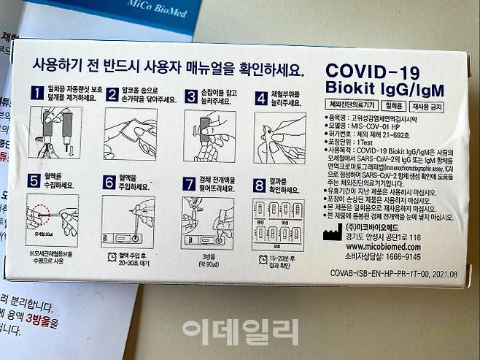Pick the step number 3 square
pyautogui.click(x=190, y=95)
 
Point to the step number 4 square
pyautogui.click(x=260, y=95)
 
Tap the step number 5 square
pyautogui.click(x=34, y=180)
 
